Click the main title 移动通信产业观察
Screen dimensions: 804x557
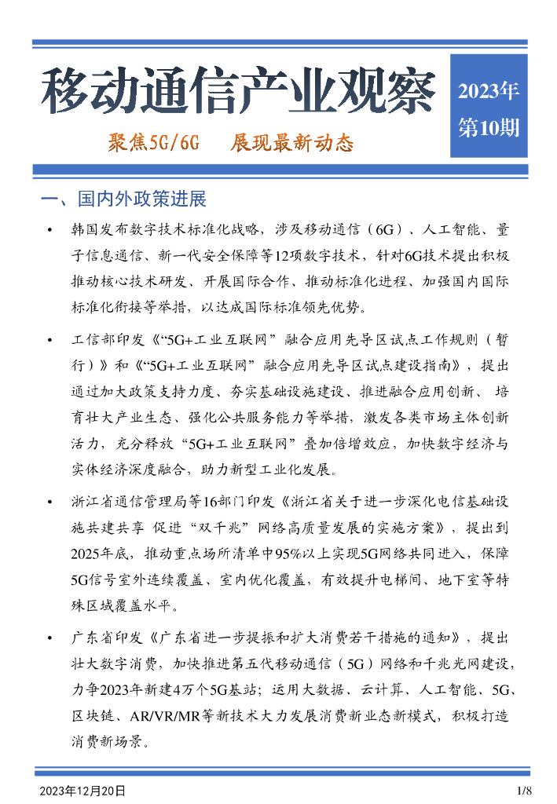[x=237, y=92]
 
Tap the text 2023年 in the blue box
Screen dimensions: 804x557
[x=488, y=91]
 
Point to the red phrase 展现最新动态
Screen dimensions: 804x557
[x=291, y=143]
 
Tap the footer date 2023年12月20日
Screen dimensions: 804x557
[x=82, y=790]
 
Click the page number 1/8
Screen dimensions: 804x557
[x=525, y=790]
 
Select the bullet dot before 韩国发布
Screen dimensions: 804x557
[x=50, y=230]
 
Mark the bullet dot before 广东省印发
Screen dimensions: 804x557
[x=50, y=638]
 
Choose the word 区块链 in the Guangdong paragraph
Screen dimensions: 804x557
[x=90, y=716]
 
